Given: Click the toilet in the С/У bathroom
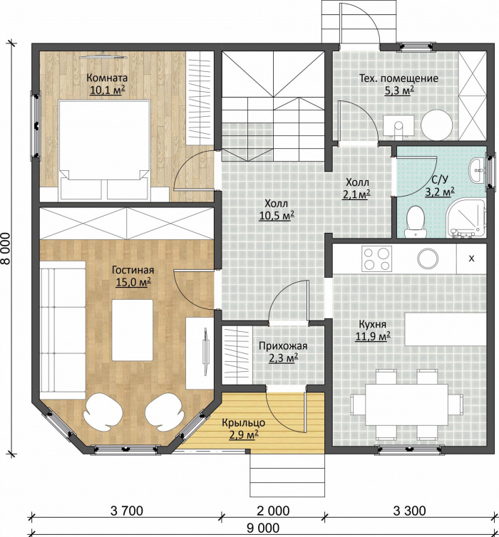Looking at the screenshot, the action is [416, 221].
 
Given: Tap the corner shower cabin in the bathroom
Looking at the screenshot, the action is [467, 219].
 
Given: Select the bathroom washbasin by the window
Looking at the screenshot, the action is [477, 170].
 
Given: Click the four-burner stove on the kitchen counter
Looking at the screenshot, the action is [376, 259].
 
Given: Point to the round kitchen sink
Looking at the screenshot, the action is [428, 259].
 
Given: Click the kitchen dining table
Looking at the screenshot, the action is [407, 405].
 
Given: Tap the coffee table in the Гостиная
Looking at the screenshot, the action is [133, 330].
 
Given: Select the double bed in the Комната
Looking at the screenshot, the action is [105, 150].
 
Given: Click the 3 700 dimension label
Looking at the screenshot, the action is [127, 511].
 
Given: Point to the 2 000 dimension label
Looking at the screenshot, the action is [273, 511].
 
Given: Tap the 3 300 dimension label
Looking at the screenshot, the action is [410, 511].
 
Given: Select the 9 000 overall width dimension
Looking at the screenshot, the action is [263, 528].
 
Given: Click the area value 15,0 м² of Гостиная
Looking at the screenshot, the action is [133, 283].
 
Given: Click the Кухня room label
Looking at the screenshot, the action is [373, 324].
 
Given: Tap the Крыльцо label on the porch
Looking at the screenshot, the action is [243, 422].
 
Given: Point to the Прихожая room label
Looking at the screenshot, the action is [283, 346].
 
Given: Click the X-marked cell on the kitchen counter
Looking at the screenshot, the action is [472, 259].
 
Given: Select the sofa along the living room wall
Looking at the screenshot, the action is [63, 330].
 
